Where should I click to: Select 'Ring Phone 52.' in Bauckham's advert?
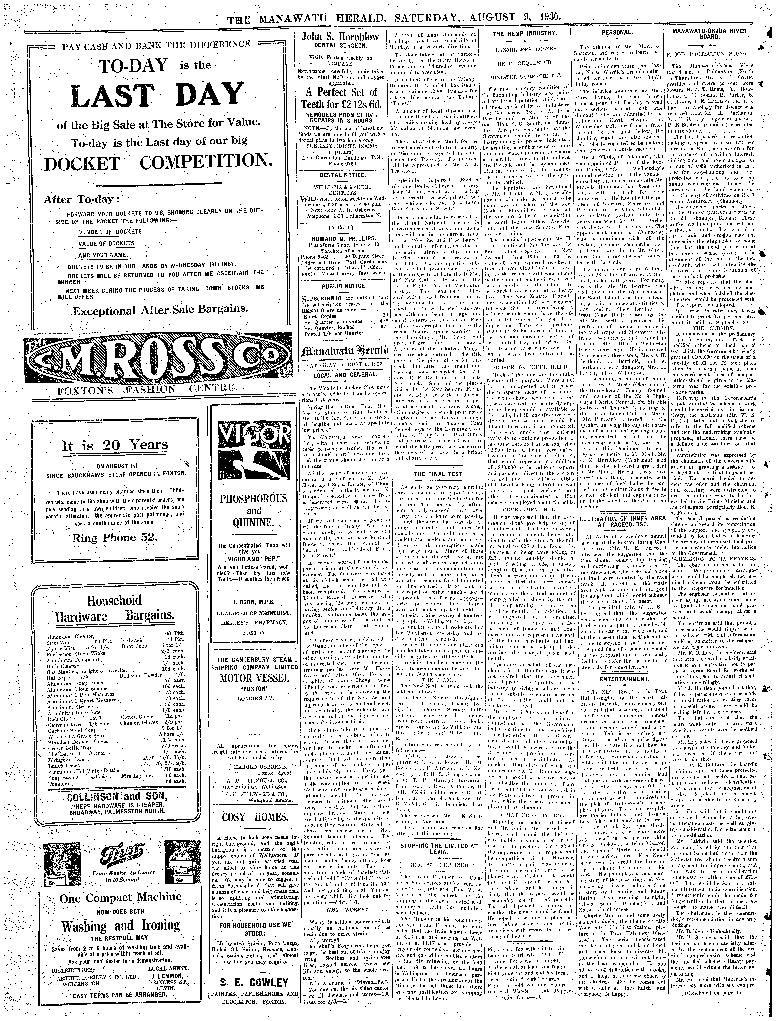[115, 538]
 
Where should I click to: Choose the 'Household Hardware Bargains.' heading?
[115, 608]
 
